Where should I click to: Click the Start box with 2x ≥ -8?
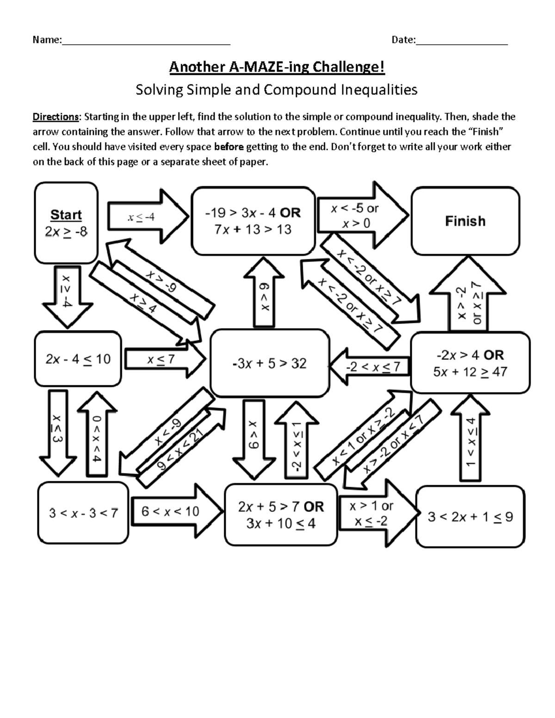66,223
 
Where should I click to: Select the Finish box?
465,221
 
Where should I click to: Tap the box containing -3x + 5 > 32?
270,363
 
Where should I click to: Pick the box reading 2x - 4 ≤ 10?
78,359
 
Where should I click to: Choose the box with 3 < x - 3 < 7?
83,513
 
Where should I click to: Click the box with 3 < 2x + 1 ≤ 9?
470,516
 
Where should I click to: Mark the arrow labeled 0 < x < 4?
97,437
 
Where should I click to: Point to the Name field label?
47,40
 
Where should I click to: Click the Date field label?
403,40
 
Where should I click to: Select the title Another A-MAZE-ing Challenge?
277,68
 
